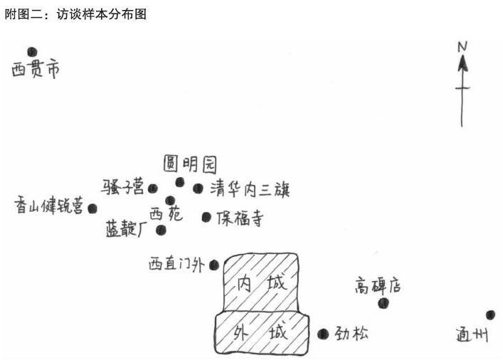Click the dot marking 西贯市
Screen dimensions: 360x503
[32, 51]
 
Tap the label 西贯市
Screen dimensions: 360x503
[35, 70]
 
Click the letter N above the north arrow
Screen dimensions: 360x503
[462, 47]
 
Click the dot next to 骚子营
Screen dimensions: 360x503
[152, 189]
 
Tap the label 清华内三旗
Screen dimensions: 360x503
[250, 189]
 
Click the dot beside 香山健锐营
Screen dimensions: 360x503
[92, 208]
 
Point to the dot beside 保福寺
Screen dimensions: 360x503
[206, 217]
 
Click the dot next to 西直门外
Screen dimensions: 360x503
[214, 265]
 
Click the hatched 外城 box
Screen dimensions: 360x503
[262, 333]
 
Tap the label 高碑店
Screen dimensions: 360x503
[378, 286]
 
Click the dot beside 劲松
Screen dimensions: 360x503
[323, 333]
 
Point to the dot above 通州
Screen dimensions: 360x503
[490, 314]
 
